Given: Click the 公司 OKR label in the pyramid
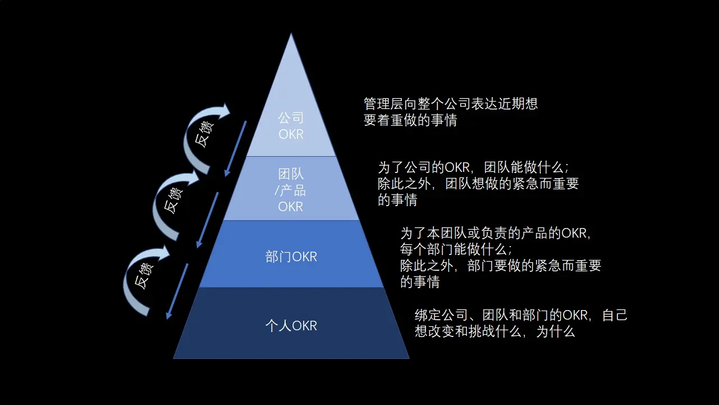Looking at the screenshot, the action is pos(291,126).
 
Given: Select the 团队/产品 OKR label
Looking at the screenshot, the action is pos(291,190).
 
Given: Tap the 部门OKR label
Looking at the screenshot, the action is pos(291,257).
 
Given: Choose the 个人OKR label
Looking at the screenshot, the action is pos(291,325).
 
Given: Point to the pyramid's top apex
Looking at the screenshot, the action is pos(291,35).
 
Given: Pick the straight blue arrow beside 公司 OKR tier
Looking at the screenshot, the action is pos(235,148).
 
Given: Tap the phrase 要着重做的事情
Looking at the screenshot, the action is pos(410,120).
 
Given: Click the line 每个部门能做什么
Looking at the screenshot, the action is pos(456,249).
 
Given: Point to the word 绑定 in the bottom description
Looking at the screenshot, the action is pos(425,315).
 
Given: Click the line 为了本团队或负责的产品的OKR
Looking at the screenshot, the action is pos(494,233).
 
